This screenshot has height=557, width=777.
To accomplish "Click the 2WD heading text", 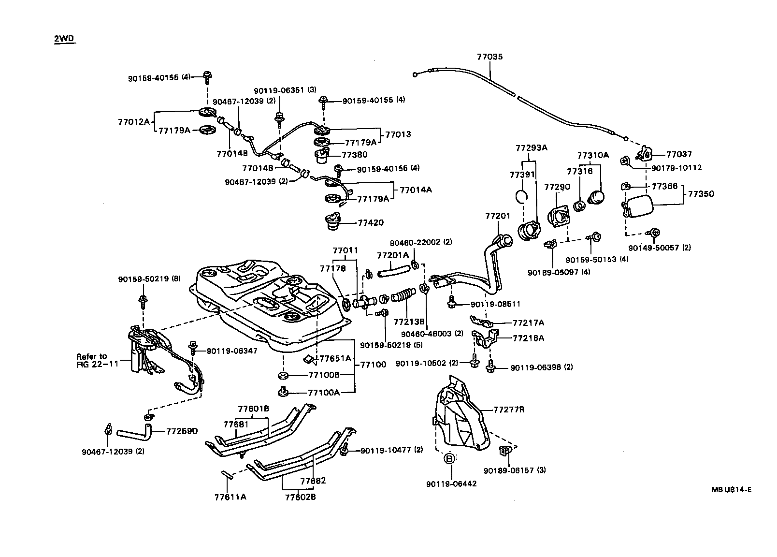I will (64, 39).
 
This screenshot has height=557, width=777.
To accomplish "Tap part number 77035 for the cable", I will (489, 57).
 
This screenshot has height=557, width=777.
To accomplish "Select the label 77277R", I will (509, 410).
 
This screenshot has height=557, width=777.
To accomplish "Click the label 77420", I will (371, 223).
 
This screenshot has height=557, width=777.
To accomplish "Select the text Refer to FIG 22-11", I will (97, 360).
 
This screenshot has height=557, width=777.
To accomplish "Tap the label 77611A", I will (230, 497).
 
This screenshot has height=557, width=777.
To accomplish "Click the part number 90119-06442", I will (451, 484).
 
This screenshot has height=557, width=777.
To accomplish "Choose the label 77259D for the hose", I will (182, 431).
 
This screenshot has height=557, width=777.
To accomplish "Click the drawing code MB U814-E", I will (731, 489).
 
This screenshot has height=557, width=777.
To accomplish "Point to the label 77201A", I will (392, 255).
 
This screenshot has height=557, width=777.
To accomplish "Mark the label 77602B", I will (300, 497).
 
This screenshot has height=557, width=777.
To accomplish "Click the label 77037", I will (679, 154).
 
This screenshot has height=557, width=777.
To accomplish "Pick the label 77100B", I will (324, 375).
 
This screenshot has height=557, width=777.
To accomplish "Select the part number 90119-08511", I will (495, 304).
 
